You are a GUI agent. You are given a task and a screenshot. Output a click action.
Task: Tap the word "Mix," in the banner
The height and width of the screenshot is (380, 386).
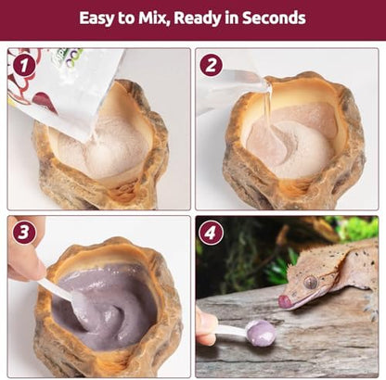tap(153, 18)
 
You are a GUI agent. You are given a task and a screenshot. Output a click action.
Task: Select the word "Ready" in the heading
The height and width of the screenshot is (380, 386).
tap(197, 19)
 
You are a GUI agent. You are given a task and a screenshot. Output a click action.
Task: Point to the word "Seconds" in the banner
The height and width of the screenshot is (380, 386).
tap(274, 18)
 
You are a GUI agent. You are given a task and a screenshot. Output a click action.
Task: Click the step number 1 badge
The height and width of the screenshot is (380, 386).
tap(24, 66)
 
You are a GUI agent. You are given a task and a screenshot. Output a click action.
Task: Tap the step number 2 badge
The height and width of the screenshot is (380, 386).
tap(212, 66)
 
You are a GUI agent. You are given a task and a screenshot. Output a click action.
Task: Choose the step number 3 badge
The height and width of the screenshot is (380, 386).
tap(24, 233)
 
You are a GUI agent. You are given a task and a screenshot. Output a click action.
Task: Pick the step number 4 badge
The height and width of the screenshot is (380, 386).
tap(211, 233)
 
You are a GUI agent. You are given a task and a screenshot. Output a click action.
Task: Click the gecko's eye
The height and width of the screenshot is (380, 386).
tap(311, 282)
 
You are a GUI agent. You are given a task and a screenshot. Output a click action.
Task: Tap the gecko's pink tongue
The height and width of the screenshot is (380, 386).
tap(285, 301)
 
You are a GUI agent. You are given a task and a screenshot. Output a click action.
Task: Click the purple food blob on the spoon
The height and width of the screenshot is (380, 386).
tap(262, 333)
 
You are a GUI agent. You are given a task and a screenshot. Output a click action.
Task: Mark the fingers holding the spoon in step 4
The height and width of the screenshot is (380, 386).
tap(206, 326)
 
